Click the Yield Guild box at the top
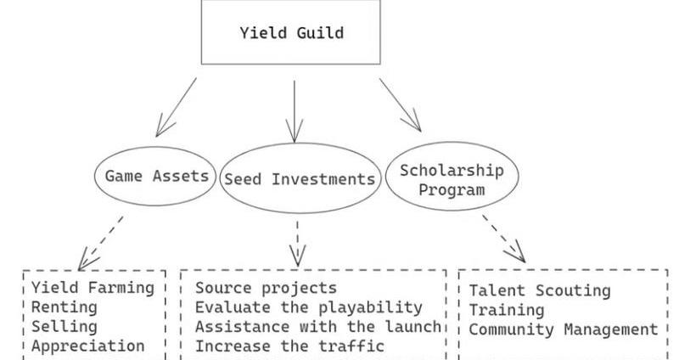tap(290, 33)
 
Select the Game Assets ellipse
tap(155, 177)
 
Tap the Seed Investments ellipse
tap(299, 179)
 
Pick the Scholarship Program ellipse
tap(452, 179)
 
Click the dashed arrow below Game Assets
tap(101, 242)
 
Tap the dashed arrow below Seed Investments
tap(297, 242)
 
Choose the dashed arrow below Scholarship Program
tap(504, 238)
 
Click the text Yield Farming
tap(93, 287)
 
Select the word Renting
tap(65, 307)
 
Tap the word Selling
tap(65, 326)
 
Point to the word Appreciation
tap(88, 346)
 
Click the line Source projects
tap(266, 288)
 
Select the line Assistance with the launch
tap(318, 326)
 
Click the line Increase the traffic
tap(289, 346)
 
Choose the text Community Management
tap(564, 329)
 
